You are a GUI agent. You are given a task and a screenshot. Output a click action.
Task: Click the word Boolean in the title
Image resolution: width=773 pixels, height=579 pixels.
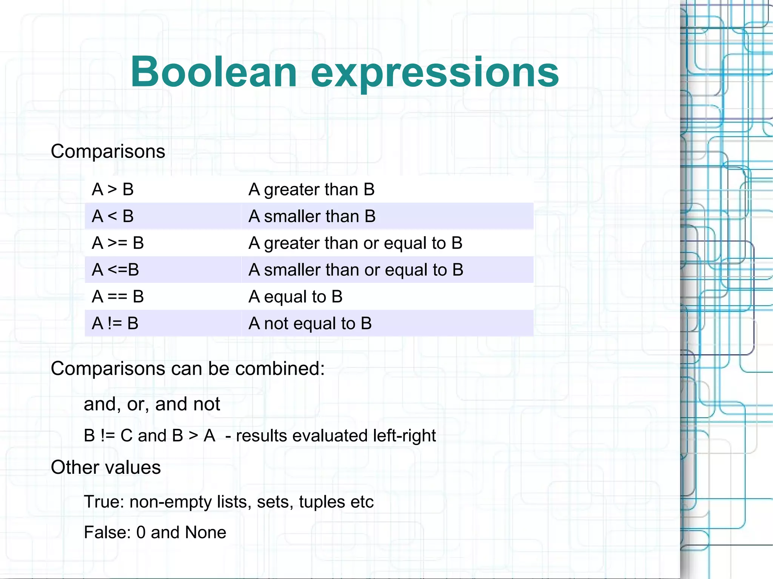(214, 72)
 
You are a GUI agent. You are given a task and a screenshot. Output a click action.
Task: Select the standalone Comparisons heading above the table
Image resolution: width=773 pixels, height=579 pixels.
(108, 152)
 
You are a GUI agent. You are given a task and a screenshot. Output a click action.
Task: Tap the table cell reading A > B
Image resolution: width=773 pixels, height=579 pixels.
(112, 189)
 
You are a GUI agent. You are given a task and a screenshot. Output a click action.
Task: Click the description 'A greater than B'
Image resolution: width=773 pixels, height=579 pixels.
(311, 189)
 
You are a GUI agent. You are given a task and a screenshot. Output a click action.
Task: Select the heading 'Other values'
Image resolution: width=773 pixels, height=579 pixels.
(106, 467)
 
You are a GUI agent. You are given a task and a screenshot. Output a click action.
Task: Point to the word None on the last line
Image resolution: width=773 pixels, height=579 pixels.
(205, 533)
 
